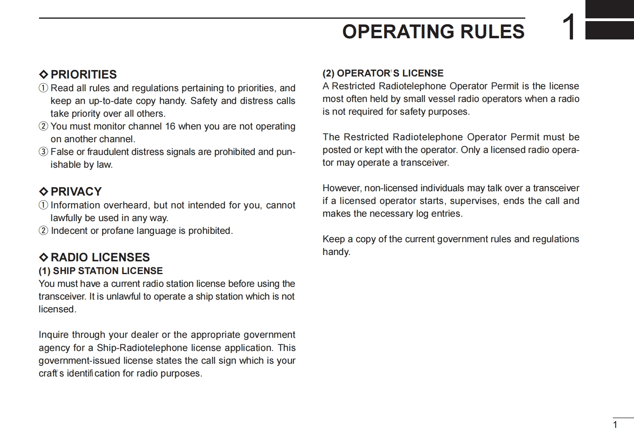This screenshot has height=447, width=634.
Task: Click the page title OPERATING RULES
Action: pos(433,31)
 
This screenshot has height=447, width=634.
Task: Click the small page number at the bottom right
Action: pos(615,425)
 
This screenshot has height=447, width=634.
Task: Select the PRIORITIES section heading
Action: pos(84,74)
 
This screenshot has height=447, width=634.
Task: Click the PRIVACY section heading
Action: pos(76,192)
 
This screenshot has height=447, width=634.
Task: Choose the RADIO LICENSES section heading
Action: pos(100,257)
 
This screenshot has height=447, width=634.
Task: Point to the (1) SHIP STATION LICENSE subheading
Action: pos(100,271)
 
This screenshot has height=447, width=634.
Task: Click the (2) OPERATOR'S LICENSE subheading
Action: pos(383,73)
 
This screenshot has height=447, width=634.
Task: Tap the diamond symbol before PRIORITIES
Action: pos(43,74)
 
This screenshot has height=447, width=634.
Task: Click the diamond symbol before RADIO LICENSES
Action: pos(43,257)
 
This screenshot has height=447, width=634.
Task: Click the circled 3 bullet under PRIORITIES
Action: pos(43,152)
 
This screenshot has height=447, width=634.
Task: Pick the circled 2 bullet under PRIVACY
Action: pos(43,231)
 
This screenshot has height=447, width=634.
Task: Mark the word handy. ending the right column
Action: pos(336,252)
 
